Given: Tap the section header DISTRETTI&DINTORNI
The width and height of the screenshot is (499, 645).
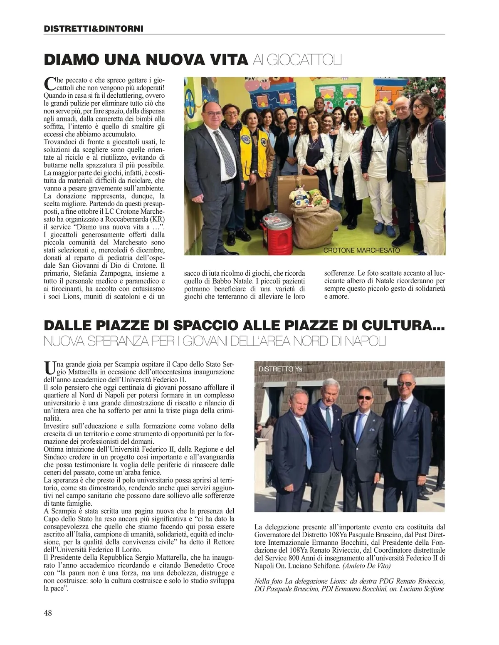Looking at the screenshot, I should point(94,29).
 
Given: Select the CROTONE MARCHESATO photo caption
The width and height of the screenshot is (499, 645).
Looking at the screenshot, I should point(361,250).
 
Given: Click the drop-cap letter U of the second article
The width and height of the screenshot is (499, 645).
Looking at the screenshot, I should point(49,368).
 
